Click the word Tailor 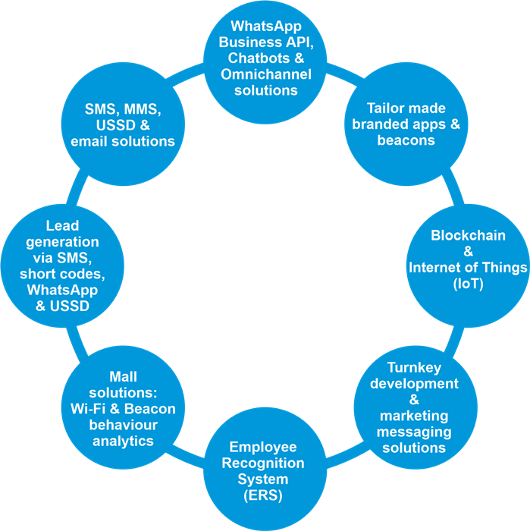[386, 108]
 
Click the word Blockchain [468, 236]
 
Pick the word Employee [263, 447]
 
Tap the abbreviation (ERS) [263, 495]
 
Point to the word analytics [112, 441]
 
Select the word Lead [62, 225]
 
